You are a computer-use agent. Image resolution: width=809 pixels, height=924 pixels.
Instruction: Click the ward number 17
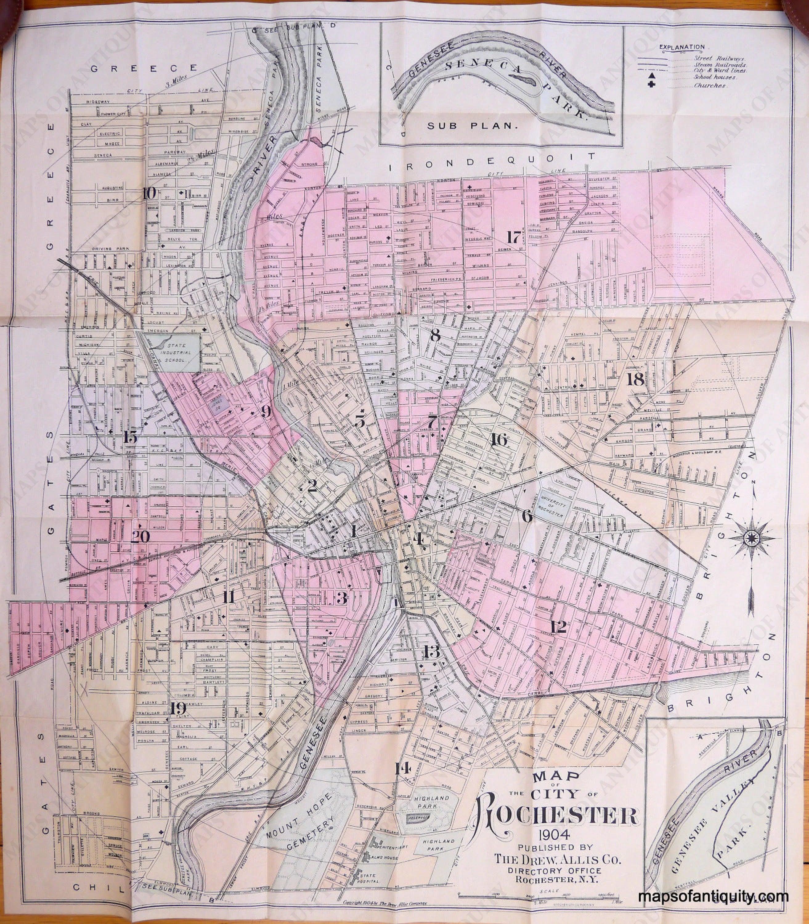(513, 237)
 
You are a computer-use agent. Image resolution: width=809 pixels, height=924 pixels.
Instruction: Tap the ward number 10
(149, 193)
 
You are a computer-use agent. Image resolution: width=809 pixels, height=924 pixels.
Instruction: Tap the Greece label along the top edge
(144, 69)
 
